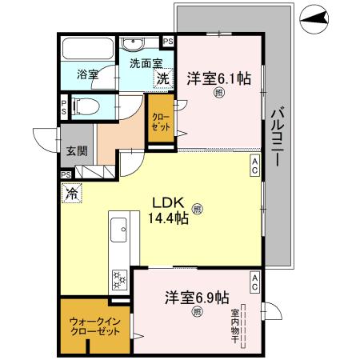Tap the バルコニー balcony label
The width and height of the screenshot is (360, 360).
point(275,136)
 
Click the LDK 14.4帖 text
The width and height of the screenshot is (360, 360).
point(170,210)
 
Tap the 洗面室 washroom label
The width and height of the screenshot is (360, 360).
point(142,62)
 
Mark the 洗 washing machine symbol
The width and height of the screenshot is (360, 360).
point(162,78)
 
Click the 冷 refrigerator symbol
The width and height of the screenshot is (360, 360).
point(71,192)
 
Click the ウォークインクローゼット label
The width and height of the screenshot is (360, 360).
point(94,326)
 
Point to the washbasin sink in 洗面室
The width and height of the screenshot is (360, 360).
point(133,43)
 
